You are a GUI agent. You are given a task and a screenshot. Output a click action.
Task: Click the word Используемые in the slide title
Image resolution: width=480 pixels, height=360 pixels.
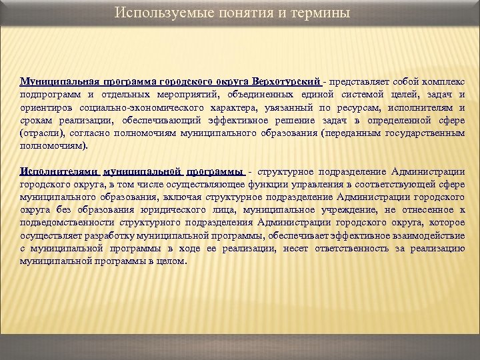(152, 13)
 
